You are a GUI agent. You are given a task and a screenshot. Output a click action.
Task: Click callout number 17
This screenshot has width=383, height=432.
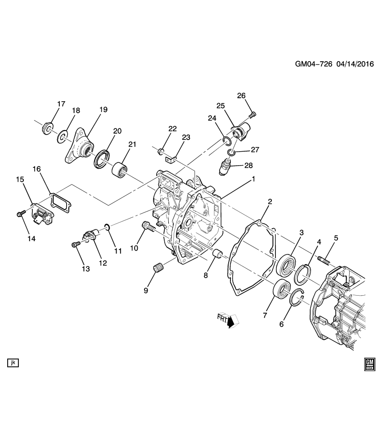(61, 104)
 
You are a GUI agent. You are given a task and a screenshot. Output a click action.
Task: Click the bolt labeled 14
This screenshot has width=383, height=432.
(20, 214)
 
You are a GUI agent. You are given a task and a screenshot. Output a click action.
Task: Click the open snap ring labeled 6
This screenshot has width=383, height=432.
(297, 298)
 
